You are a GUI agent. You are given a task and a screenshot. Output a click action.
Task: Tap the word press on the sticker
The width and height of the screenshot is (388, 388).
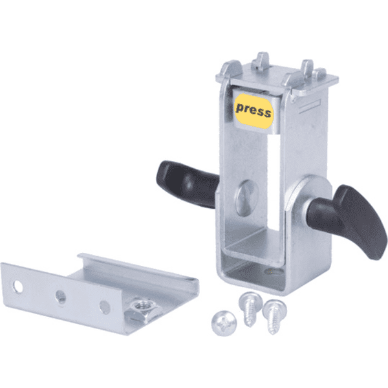coord(253,111)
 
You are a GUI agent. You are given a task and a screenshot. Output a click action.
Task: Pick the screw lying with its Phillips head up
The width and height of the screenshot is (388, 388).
coord(224,323)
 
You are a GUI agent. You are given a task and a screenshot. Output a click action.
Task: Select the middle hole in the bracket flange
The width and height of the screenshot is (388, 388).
coord(61,297)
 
